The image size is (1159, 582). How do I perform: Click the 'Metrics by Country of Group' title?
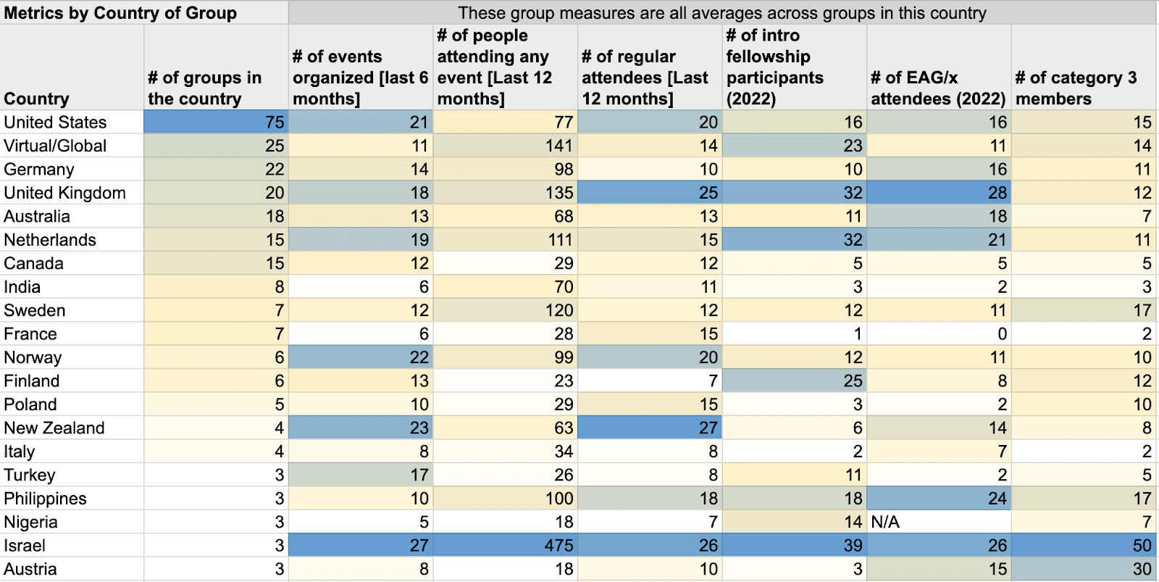pyautogui.click(x=120, y=13)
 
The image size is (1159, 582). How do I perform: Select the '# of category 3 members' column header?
pyautogui.click(x=1076, y=88)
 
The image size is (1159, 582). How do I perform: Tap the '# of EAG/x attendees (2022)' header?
pyautogui.click(x=938, y=88)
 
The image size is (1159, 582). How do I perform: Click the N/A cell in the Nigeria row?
pyautogui.click(x=885, y=522)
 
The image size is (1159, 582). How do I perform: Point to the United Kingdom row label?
pyautogui.click(x=64, y=193)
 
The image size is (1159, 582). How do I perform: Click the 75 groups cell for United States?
pyautogui.click(x=275, y=122)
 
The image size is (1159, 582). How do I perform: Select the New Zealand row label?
pyautogui.click(x=54, y=428)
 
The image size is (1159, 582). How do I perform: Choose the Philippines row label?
pyautogui.click(x=45, y=499)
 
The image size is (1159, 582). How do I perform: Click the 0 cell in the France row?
pyautogui.click(x=1002, y=334)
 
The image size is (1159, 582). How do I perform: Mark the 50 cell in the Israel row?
pyautogui.click(x=1142, y=545)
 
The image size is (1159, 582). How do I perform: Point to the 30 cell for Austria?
pyautogui.click(x=1142, y=569)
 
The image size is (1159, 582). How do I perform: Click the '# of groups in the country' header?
pyautogui.click(x=205, y=88)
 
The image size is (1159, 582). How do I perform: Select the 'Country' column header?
pyautogui.click(x=36, y=99)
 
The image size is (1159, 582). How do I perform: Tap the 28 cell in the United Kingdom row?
pyautogui.click(x=997, y=193)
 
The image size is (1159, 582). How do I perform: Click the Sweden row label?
pyautogui.click(x=35, y=310)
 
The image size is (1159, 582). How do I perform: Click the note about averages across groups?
pyautogui.click(x=722, y=13)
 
